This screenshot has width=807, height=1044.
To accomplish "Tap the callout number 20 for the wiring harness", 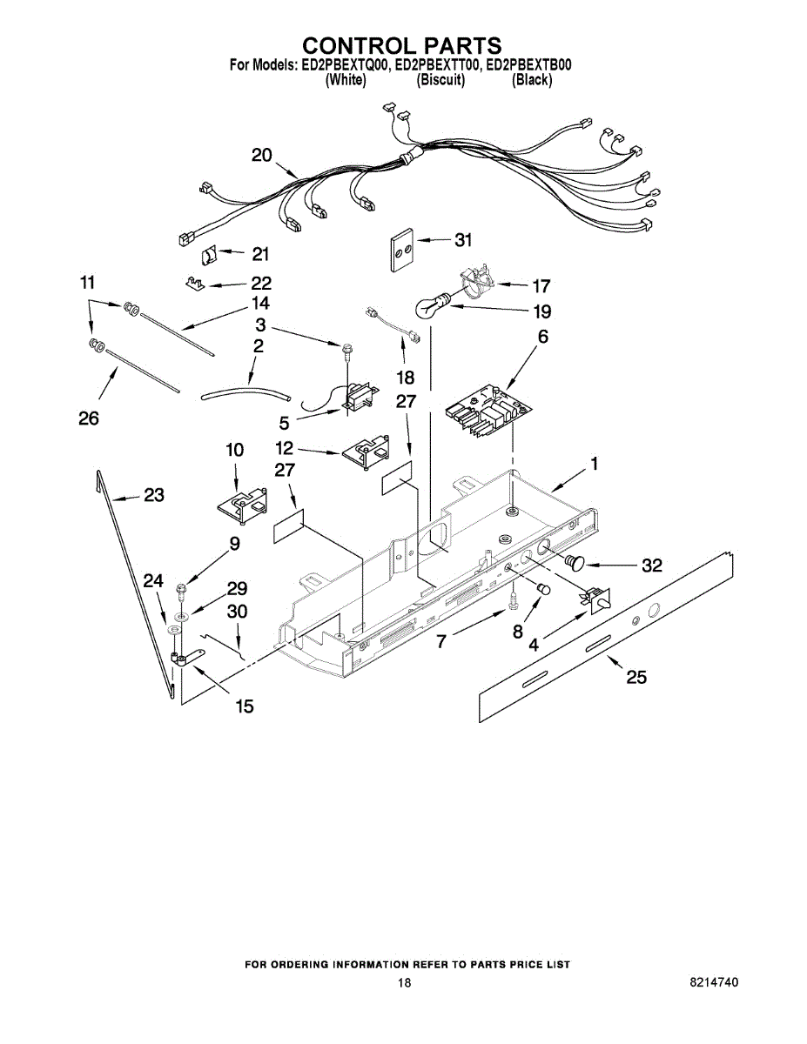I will [x=262, y=155].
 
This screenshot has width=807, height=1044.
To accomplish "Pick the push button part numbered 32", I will [x=575, y=562].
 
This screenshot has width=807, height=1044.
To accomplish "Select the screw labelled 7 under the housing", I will [x=514, y=600].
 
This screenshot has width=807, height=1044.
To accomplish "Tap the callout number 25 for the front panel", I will [x=636, y=676].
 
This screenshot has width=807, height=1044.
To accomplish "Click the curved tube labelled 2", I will [x=245, y=394].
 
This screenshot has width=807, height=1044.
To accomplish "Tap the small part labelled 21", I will [x=210, y=254].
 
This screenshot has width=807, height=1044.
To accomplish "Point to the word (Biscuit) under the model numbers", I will [x=440, y=80].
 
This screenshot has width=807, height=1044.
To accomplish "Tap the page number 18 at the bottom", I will [x=404, y=983].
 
